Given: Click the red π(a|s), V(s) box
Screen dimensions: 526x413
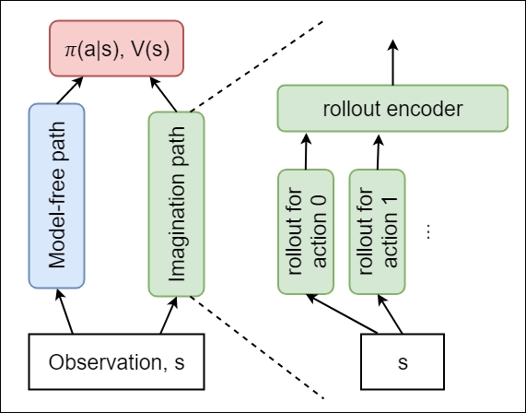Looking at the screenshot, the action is [116, 48].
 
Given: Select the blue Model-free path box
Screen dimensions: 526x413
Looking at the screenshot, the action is [56, 195].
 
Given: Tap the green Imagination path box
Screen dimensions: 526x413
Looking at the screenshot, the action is [177, 204].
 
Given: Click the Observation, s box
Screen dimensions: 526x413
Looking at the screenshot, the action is [116, 361].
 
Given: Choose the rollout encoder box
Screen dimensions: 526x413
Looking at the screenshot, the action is [392, 109].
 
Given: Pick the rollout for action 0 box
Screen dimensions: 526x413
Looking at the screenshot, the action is [306, 232].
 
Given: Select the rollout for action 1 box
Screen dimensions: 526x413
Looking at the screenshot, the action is [377, 232].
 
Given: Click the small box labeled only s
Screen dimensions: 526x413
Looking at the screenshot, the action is [403, 361].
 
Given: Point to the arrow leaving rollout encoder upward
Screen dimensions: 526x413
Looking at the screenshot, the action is [392, 63].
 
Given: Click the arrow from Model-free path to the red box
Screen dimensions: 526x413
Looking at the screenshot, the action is [70, 90].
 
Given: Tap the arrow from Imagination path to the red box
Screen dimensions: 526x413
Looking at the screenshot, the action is [163, 94].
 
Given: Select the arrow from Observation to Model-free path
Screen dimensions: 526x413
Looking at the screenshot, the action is [64, 312].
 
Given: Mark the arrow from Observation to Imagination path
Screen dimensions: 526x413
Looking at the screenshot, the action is [169, 315].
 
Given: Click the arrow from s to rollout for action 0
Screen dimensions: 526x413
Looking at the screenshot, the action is [342, 314].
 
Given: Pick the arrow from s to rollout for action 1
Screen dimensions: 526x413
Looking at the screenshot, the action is [390, 314].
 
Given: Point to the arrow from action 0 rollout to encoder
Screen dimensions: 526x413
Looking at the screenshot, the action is [306, 151].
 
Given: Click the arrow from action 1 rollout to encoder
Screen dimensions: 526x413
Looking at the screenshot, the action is [378, 152].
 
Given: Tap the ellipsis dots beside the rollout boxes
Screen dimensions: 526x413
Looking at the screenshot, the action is [428, 231].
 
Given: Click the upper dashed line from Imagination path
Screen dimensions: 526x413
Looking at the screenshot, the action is [256, 66].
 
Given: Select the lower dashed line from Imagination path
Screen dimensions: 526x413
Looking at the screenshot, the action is [257, 348].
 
